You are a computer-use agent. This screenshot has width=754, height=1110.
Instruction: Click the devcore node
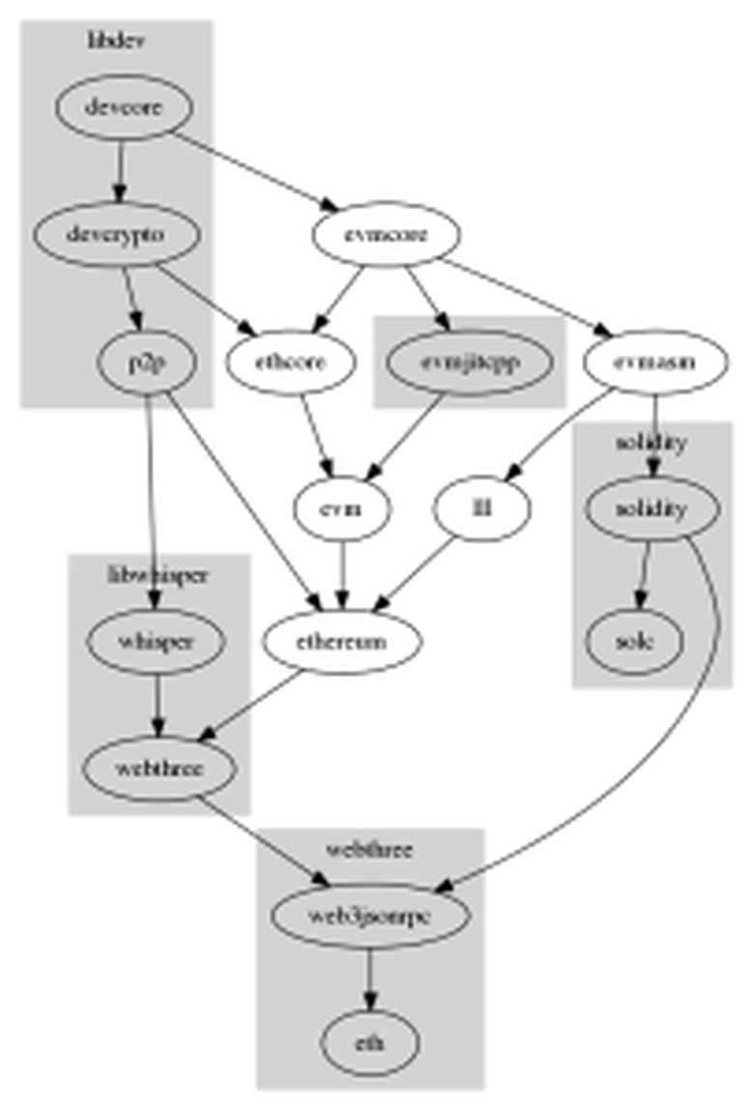(x=123, y=107)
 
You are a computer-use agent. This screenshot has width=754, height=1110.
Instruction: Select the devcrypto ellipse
(x=117, y=234)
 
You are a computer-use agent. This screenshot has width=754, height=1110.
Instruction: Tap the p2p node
(x=148, y=362)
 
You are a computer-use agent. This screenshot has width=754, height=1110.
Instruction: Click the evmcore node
(x=386, y=234)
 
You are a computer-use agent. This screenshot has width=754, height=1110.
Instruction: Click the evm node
(x=342, y=508)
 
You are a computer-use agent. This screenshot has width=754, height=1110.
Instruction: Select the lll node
(x=482, y=508)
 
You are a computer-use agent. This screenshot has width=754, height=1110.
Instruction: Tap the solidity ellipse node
(x=652, y=508)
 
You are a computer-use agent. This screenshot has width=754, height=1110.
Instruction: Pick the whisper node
(x=157, y=641)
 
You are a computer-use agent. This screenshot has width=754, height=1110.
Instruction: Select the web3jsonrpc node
(x=369, y=915)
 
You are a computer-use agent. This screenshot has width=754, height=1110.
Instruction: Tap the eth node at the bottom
(x=369, y=1044)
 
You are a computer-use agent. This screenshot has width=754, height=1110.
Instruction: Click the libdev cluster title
(x=117, y=40)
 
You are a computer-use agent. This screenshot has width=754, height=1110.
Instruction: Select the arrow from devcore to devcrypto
(x=120, y=169)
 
